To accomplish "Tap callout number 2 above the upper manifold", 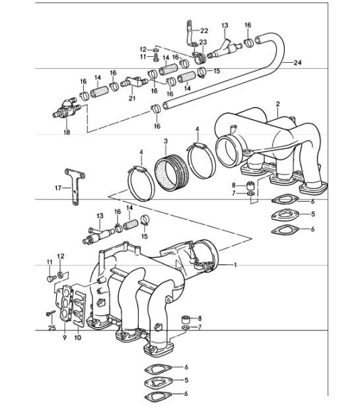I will (x=278, y=104).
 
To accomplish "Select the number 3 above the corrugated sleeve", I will (x=165, y=141).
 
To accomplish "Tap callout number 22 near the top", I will (x=203, y=30).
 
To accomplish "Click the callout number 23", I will (x=203, y=42).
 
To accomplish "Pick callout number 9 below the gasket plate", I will (x=64, y=338).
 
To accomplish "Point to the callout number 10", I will (x=77, y=338).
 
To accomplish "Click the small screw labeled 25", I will (x=48, y=313).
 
